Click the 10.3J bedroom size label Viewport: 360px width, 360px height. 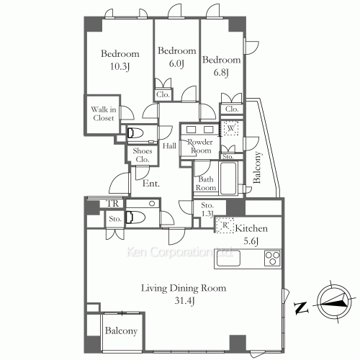pyautogui.click(x=120, y=66)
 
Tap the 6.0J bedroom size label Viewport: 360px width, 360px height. pyautogui.click(x=176, y=63)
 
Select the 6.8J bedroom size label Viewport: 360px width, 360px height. pyautogui.click(x=221, y=72)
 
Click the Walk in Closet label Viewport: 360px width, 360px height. pyautogui.click(x=104, y=114)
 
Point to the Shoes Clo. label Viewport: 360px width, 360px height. pyautogui.click(x=143, y=155)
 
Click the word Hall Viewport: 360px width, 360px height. pyautogui.click(x=169, y=145)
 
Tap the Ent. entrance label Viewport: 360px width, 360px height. pyautogui.click(x=151, y=184)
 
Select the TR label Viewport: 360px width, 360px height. pyautogui.click(x=112, y=204)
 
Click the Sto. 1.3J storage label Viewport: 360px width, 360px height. pyautogui.click(x=207, y=210)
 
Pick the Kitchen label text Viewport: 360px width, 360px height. pyautogui.click(x=251, y=228)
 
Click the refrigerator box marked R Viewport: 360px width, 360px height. pyautogui.click(x=225, y=225)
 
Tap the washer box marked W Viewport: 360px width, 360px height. pyautogui.click(x=230, y=128)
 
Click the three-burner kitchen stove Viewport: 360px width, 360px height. pyautogui.click(x=272, y=258)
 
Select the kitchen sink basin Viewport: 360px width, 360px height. pyautogui.click(x=228, y=258)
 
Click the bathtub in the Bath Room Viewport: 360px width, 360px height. pyautogui.click(x=228, y=178)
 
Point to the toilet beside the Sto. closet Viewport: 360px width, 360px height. pyautogui.click(x=135, y=217)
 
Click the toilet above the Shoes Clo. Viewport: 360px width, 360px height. pyautogui.click(x=135, y=133)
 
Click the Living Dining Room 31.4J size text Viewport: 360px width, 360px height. pyautogui.click(x=184, y=301)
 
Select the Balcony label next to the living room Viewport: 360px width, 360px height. pyautogui.click(x=121, y=331)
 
